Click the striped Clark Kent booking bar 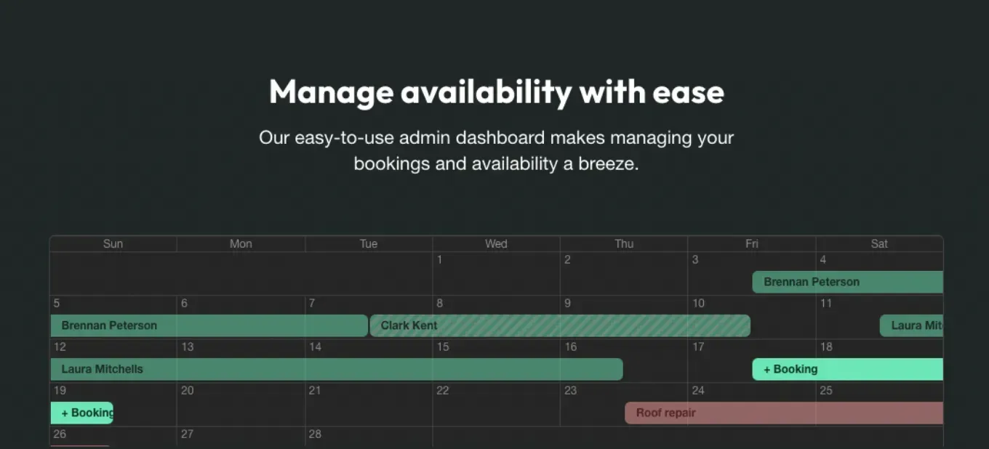560,325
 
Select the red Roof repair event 784,413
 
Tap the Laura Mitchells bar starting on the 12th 337,369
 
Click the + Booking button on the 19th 82,413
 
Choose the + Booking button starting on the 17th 848,369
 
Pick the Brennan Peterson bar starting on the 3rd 848,282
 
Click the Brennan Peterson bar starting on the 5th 209,325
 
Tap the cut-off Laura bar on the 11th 911,325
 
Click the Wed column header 496,244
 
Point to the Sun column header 113,244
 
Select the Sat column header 879,244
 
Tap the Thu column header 624,244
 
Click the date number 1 439,260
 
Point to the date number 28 315,434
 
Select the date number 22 442,390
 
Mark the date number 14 315,347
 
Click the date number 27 187,434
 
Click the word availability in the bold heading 486,92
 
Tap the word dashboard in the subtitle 500,137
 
